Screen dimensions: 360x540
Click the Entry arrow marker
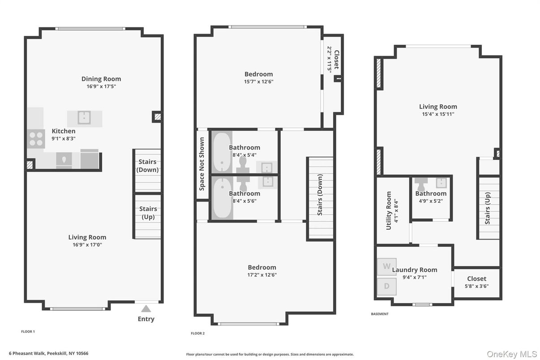click(146, 308)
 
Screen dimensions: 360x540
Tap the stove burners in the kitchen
click(35, 139)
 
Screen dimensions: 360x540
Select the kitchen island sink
click(84, 118)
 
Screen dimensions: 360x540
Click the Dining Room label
click(101, 79)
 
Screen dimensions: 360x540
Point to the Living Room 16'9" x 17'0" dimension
click(87, 245)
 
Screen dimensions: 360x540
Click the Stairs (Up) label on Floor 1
click(148, 213)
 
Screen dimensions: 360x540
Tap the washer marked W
click(386, 266)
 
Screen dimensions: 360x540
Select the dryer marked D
click(386, 287)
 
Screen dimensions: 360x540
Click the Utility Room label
click(389, 210)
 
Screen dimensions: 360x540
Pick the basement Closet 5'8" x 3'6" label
click(476, 279)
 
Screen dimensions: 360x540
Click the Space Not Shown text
click(202, 163)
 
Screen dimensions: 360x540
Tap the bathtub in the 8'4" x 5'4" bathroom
click(222, 153)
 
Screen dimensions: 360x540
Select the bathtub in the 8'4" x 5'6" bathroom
click(222, 198)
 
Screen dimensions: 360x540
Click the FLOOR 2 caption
click(197, 333)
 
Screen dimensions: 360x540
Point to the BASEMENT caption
click(380, 314)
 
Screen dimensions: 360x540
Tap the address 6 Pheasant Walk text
click(50, 353)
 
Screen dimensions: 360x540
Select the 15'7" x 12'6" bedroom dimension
click(258, 81)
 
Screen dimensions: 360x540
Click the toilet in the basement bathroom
click(422, 183)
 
